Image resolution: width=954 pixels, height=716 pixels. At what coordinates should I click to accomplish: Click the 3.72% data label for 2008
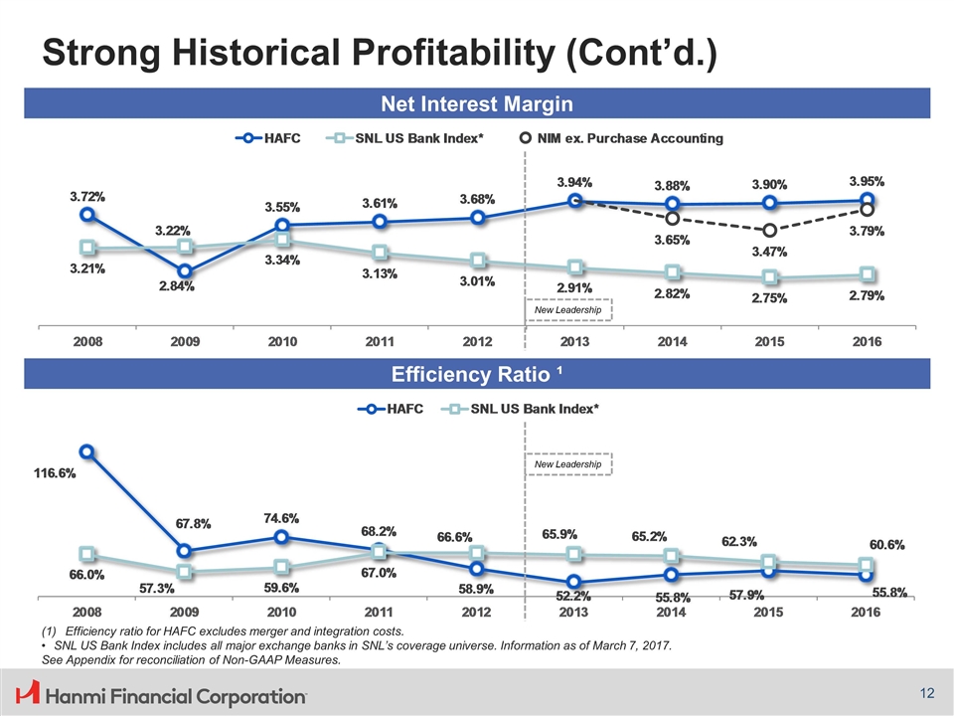(87, 197)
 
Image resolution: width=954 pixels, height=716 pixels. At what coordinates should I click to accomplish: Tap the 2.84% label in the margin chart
(176, 287)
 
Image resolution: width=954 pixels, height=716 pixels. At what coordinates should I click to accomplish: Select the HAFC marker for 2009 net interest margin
(185, 270)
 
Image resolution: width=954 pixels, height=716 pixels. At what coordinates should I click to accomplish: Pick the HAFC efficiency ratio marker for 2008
(87, 451)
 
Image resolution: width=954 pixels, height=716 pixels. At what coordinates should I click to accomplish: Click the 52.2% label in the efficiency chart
(573, 597)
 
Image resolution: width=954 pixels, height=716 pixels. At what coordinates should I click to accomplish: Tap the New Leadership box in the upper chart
(569, 310)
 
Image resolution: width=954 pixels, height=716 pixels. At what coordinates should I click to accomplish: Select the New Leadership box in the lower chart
(569, 464)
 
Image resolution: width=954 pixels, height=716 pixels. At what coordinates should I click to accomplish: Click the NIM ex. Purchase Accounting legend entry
(622, 137)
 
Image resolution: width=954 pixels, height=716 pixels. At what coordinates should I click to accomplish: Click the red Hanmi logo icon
(28, 691)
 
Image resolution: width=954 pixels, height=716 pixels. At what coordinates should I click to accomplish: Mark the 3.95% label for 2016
(867, 182)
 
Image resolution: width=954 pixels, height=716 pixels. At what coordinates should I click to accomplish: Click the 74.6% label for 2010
(281, 518)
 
